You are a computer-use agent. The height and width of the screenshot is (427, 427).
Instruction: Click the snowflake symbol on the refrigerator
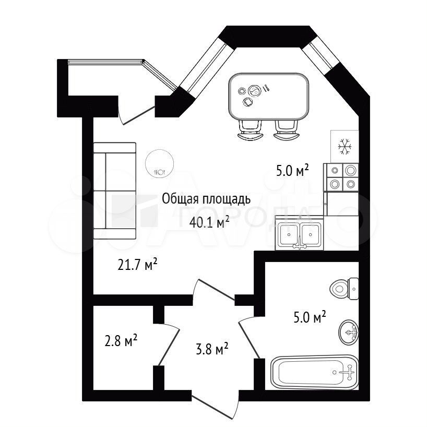pos(345,147)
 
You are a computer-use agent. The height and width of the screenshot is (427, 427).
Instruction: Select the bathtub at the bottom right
pos(314,372)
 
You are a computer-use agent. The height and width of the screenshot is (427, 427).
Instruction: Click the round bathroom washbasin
pos(348,333)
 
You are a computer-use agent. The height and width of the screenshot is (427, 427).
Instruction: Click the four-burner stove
pos(341,177)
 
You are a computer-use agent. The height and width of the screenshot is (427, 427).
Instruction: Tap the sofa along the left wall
pos(115,191)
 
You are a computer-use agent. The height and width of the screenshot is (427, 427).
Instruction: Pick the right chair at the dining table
pos(286,131)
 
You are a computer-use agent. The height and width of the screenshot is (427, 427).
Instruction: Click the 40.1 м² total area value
pos(209,223)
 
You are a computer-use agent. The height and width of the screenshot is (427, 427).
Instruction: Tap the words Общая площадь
pos(206,199)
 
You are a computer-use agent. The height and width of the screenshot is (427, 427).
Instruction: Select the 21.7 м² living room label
pos(137,265)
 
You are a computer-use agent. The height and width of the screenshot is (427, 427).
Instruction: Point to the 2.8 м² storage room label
pos(121,341)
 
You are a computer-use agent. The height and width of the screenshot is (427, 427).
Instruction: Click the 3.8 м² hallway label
pos(212,349)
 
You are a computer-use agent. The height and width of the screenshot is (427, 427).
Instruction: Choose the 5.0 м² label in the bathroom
pos(310,317)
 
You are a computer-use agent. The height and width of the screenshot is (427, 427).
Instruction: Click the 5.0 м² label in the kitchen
pos(292,171)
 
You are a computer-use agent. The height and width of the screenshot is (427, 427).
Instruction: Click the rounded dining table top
pos(269,97)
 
